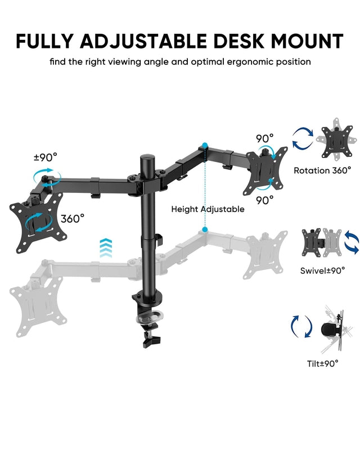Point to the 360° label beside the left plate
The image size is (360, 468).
(x=73, y=218)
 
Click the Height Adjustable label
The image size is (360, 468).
(x=208, y=209)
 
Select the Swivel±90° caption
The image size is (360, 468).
(x=322, y=271)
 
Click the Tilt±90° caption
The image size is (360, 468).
(x=322, y=363)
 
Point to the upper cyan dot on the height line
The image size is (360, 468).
(x=205, y=145)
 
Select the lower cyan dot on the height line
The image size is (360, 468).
(x=205, y=229)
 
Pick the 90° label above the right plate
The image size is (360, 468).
(x=264, y=138)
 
